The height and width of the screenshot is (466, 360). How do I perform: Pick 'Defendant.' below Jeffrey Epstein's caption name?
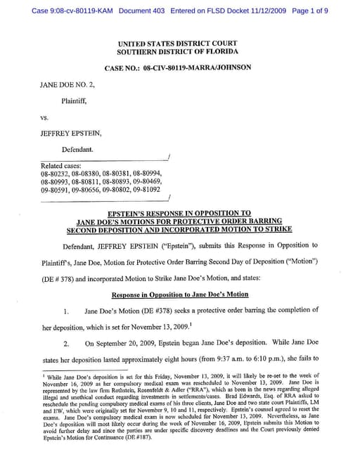click(x=79, y=150)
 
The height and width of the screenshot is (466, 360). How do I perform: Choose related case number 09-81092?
click(x=146, y=190)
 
